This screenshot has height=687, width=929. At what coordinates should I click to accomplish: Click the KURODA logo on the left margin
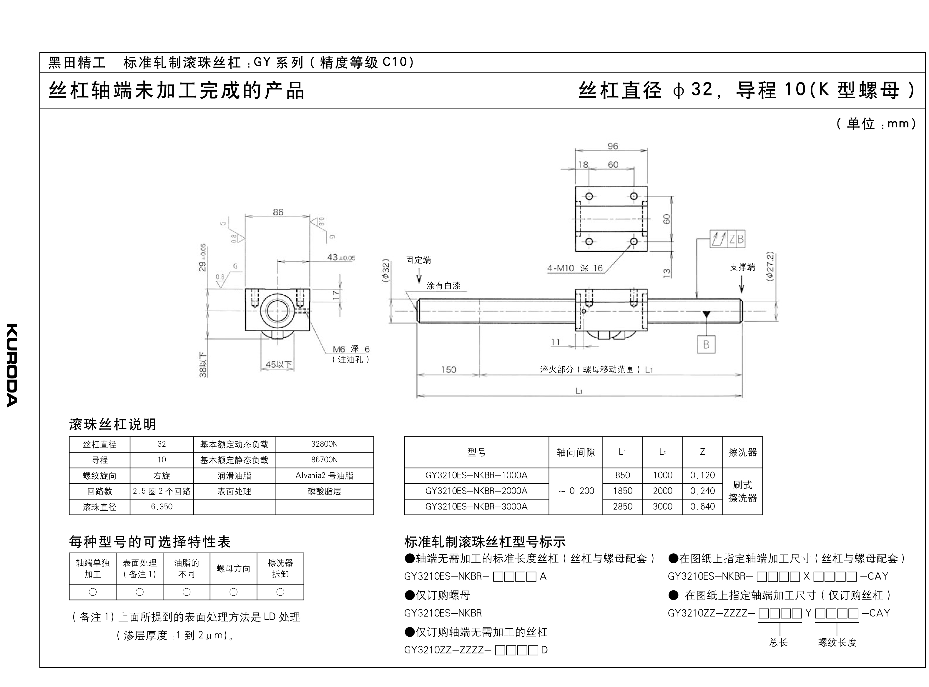12,365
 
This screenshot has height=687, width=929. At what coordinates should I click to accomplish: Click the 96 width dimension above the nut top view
613,146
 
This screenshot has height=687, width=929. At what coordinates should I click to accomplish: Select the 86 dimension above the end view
278,212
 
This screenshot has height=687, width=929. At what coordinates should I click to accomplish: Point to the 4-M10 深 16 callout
575,268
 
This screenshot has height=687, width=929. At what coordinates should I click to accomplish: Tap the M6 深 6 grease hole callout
351,349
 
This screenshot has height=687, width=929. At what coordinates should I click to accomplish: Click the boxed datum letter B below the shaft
706,344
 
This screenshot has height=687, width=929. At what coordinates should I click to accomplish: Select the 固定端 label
418,260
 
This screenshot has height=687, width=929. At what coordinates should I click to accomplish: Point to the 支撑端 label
742,267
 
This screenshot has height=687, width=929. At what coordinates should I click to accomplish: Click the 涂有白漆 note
443,286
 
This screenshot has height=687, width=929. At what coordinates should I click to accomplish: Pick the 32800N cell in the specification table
324,444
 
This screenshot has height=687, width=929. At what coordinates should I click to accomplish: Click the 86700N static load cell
324,460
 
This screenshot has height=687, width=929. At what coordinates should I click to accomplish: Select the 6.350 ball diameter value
162,506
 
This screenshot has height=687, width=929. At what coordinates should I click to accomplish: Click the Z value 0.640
702,506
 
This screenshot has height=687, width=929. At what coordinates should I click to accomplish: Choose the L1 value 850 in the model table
622,475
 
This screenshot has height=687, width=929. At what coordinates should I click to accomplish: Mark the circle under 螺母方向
233,592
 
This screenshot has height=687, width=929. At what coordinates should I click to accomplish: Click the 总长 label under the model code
778,643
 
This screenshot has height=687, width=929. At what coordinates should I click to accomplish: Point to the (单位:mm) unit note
876,123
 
